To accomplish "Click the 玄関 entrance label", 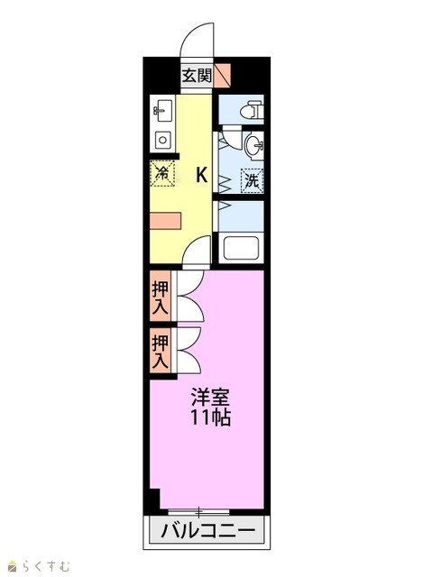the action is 197,76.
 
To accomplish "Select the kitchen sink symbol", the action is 162,111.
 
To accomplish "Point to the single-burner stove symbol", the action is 162,141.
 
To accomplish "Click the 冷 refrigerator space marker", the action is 162,172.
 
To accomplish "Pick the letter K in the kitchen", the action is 201,175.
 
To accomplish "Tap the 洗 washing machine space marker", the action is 252,180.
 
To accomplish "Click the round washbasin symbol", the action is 254,146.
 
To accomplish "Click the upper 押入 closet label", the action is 161,298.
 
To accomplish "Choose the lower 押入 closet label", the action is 161,351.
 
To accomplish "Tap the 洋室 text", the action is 210,397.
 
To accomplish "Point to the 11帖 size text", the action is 210,417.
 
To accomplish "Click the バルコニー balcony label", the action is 207,531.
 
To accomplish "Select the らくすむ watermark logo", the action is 39,565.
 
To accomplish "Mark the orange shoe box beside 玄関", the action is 223,75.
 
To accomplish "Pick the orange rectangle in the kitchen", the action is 166,221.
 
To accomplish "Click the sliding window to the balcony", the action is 198,511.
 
